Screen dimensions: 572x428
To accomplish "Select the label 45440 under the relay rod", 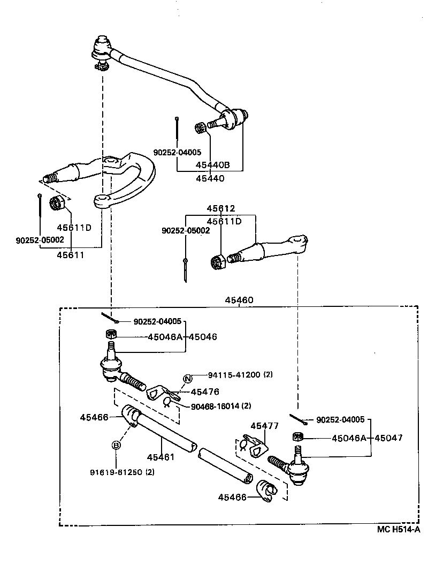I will (x=210, y=178).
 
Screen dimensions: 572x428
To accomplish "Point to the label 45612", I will (x=221, y=208).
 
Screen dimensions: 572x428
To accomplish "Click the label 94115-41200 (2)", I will (x=233, y=375).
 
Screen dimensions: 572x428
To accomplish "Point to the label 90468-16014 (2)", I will (x=221, y=405).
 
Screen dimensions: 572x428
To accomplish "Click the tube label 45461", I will (x=161, y=457).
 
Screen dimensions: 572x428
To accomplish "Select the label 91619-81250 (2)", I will (x=123, y=472).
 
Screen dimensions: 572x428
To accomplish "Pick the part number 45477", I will (x=265, y=426).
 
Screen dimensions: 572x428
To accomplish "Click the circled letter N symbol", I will (x=187, y=380).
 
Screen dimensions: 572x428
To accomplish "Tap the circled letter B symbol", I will (x=116, y=445).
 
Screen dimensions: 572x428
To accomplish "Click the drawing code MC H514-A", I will (x=398, y=530).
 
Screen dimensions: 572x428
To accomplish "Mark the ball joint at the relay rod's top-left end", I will (x=101, y=48).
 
